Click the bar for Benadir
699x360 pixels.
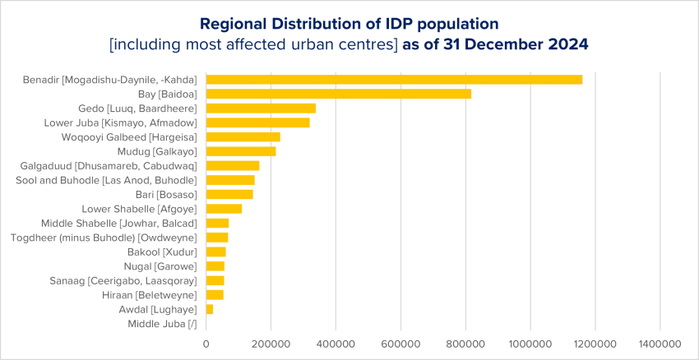[x=394, y=80]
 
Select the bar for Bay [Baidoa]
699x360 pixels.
[x=338, y=94]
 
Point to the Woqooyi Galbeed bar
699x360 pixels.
[x=243, y=136]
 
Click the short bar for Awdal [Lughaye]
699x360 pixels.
[x=210, y=309]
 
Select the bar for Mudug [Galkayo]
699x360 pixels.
[x=241, y=151]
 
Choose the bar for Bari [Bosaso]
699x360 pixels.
[x=229, y=194]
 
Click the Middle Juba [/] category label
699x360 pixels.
[x=162, y=324]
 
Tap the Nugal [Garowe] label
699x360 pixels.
[x=163, y=266]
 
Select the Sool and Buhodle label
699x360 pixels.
[x=106, y=180]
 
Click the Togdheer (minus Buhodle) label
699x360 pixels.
[x=104, y=238]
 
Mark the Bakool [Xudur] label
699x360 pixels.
[x=162, y=252]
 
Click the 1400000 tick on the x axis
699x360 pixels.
[x=659, y=344]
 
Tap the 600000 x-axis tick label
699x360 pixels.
[x=400, y=344]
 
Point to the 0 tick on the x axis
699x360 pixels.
[x=206, y=344]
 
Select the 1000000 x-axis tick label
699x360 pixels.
[x=530, y=344]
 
